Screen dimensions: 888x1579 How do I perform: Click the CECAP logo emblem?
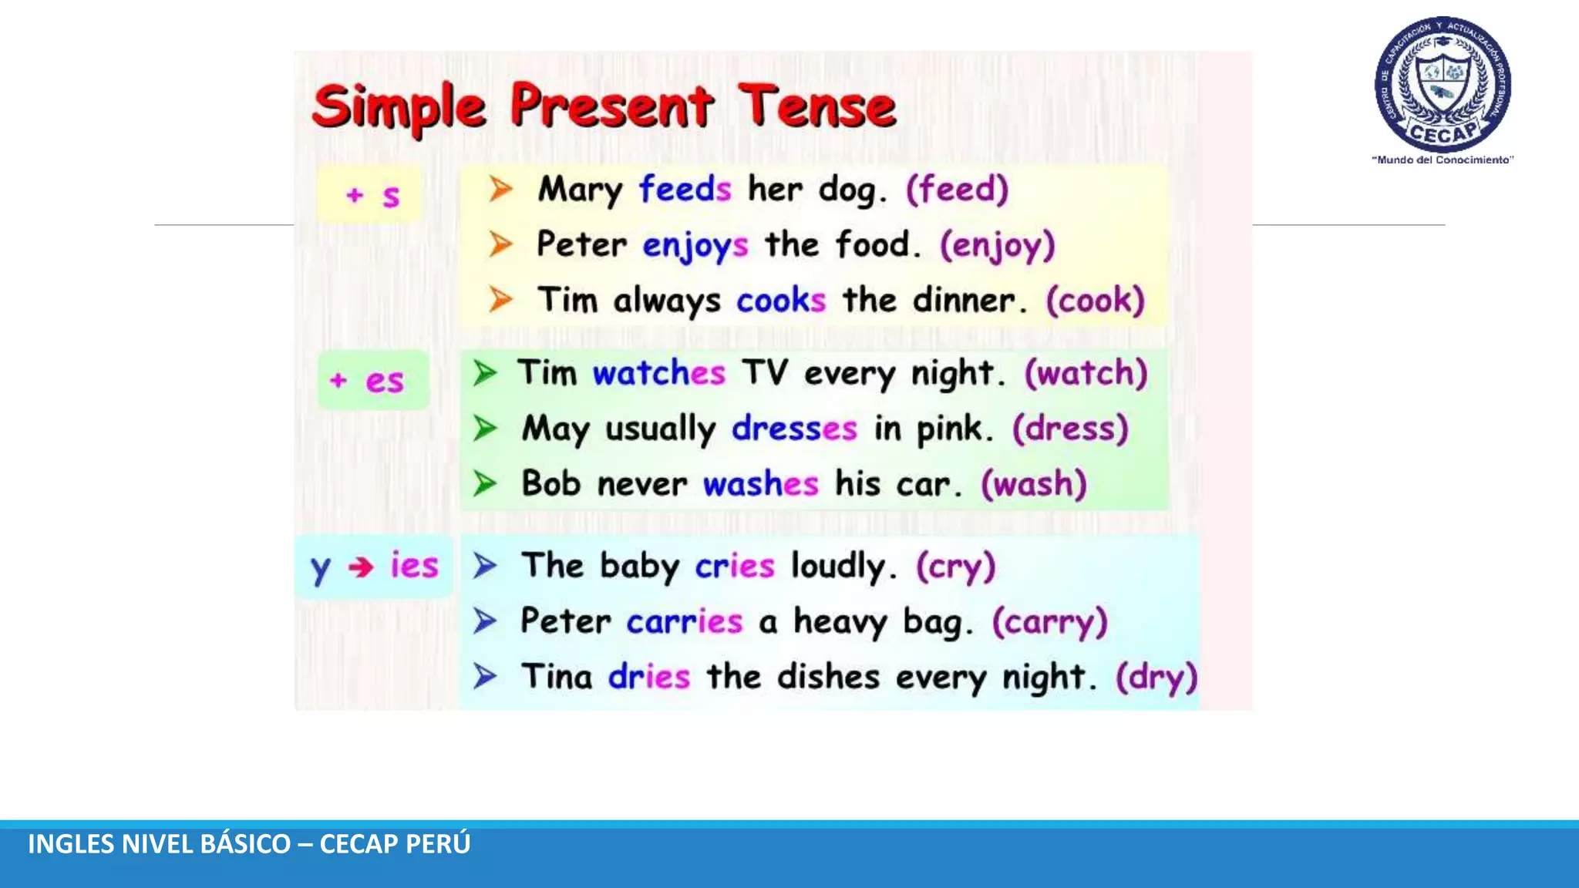[x=1443, y=83]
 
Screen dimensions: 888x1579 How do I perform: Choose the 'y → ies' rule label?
[x=374, y=567]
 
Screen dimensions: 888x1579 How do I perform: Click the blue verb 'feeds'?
[x=685, y=189]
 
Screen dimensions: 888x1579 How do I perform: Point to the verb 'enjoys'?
[x=695, y=246]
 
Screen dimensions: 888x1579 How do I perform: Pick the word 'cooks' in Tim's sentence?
[x=780, y=300]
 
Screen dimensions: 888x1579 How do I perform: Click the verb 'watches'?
[x=658, y=373]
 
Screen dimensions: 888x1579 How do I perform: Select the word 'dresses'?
[x=793, y=429]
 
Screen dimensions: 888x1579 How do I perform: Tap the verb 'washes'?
[x=760, y=484]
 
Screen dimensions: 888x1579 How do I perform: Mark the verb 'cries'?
[x=734, y=566]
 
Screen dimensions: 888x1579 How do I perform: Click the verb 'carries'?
[x=684, y=621]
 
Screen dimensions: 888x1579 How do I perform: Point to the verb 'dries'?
[x=648, y=677]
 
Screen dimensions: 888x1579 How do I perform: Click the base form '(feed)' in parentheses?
[x=957, y=189]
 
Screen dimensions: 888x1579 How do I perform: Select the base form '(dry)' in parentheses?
[x=1156, y=677]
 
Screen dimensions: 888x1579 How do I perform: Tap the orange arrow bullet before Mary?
[x=500, y=189]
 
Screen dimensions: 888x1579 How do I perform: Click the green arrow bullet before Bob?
[x=485, y=484]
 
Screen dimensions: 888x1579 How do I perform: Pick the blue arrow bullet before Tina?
[x=485, y=677]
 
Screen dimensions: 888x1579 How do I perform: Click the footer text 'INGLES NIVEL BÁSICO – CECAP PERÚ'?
[x=249, y=844]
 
